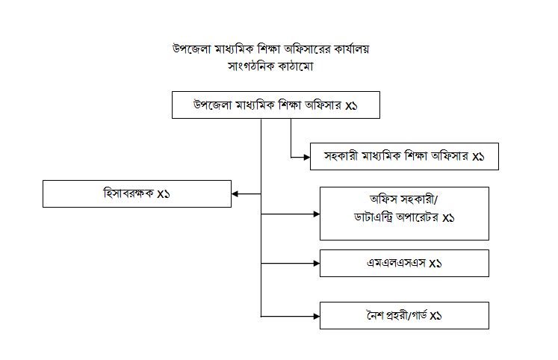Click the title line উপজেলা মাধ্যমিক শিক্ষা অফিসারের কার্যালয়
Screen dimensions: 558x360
(271, 49)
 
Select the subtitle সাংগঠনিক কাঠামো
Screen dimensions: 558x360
(270, 66)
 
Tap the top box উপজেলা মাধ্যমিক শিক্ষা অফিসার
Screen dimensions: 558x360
(276, 105)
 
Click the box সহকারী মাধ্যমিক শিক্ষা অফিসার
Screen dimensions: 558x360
(404, 157)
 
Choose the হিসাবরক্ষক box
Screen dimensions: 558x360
(137, 194)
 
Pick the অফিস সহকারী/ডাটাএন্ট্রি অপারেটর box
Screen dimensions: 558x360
(404, 214)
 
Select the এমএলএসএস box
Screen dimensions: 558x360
(404, 263)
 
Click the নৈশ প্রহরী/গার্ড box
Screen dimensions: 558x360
(404, 315)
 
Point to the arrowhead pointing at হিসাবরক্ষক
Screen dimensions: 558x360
(235, 194)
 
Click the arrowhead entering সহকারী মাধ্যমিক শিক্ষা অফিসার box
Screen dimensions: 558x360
(307, 157)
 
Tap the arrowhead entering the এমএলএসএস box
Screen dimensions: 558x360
(317, 264)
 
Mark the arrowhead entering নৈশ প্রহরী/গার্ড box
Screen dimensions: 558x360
(317, 316)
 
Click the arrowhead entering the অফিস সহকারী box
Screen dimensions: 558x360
(317, 214)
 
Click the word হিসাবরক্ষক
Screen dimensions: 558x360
(128, 193)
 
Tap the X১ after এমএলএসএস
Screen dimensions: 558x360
(435, 264)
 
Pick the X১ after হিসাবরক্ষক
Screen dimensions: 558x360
(164, 194)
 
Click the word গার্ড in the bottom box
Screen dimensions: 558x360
(419, 315)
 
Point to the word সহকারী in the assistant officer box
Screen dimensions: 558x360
(341, 156)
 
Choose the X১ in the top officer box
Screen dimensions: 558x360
(351, 105)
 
